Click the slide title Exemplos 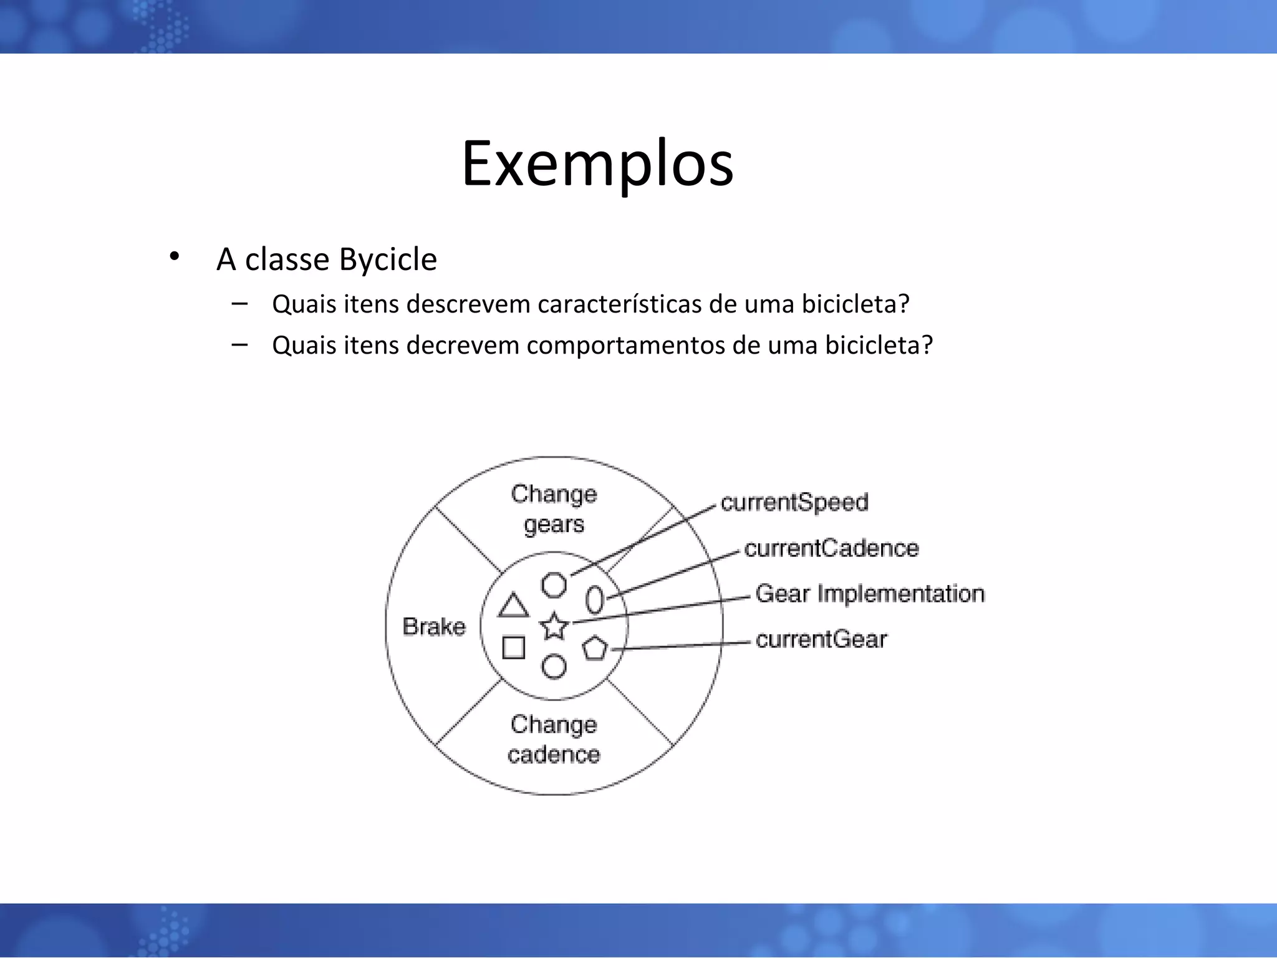click(597, 164)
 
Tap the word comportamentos click(625, 345)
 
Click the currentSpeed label click(794, 503)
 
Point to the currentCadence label click(831, 548)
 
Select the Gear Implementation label click(870, 594)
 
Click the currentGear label click(821, 640)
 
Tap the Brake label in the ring click(434, 626)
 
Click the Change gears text click(554, 509)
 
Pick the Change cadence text click(554, 740)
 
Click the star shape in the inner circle click(554, 626)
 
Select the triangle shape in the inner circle click(513, 606)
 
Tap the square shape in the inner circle click(513, 647)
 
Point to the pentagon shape click(595, 649)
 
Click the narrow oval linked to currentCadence click(595, 600)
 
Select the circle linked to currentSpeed click(554, 585)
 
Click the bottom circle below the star click(554, 666)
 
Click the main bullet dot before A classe click(174, 256)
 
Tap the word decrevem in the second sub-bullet click(463, 345)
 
